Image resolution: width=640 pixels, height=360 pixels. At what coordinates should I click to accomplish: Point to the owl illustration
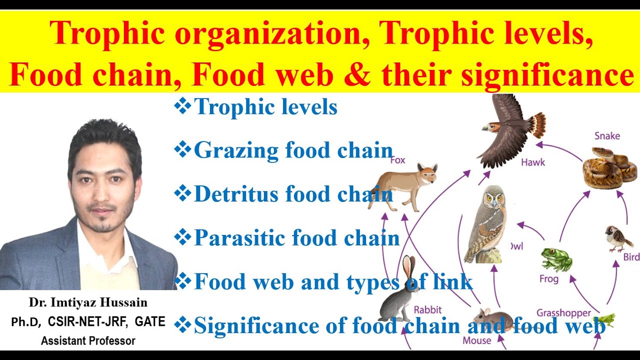pos(485,225)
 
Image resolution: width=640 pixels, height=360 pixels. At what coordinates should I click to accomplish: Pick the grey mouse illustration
pos(492,319)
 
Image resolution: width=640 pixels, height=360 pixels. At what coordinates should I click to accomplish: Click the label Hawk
pos(533,162)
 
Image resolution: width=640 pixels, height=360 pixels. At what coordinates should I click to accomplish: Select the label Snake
pos(607,135)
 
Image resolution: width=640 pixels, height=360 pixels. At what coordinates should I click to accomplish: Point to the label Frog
pos(548,278)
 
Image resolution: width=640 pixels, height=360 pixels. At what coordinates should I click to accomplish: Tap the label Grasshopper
pos(564,313)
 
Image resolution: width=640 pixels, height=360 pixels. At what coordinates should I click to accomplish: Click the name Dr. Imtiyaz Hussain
pos(88,303)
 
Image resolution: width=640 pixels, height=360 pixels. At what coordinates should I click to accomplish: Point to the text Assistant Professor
pos(88,341)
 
